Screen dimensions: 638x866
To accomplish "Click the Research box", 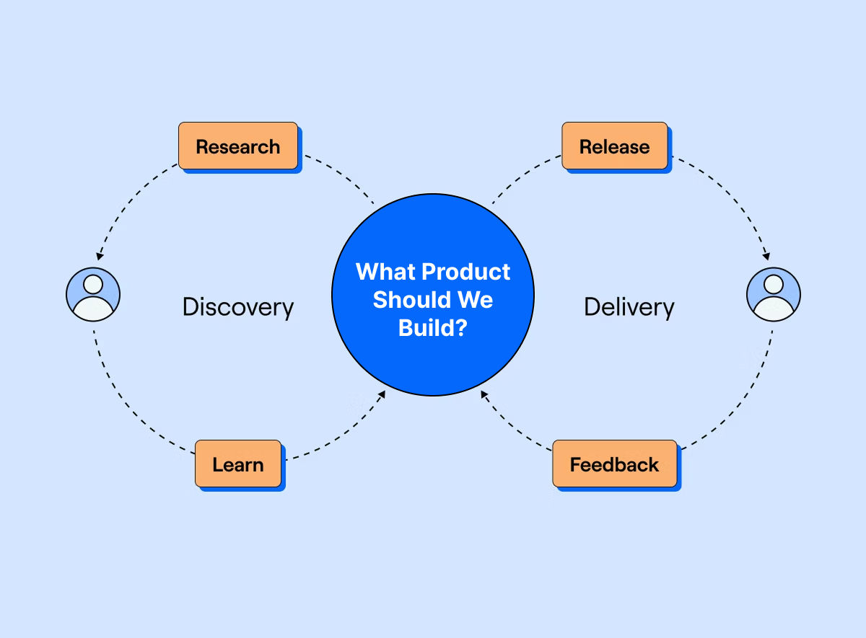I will click(238, 146).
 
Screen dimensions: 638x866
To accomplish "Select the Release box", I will click(615, 146).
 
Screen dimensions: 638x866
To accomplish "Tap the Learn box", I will click(238, 464).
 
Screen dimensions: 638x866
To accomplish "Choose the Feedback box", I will click(615, 464).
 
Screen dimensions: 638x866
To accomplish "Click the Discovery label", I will click(238, 307).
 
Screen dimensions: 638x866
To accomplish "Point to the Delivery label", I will click(629, 307).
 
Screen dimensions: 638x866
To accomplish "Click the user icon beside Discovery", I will click(93, 294).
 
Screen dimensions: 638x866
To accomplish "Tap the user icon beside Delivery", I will click(773, 294).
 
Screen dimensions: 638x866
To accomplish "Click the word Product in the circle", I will click(465, 272).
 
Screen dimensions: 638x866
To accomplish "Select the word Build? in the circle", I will click(433, 327).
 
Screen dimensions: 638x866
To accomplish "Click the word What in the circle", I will click(385, 272).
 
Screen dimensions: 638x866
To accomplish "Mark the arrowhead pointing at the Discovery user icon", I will click(100, 256).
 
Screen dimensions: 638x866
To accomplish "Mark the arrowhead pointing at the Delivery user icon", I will click(766, 256).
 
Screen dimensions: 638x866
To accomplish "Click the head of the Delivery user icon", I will click(773, 284).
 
